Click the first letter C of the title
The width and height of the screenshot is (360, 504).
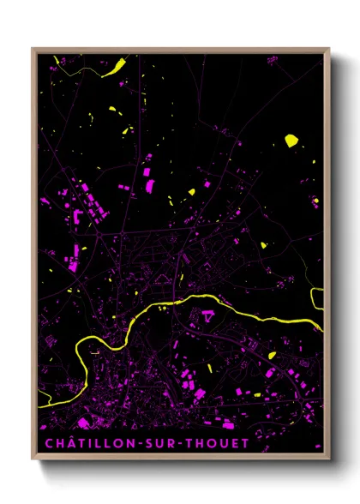point(46,443)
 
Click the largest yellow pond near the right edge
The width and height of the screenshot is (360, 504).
point(291,139)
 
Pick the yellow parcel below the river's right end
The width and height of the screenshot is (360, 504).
point(272,355)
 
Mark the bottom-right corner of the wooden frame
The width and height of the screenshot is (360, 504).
point(328,460)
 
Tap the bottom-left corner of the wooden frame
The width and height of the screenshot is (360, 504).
point(33,460)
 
